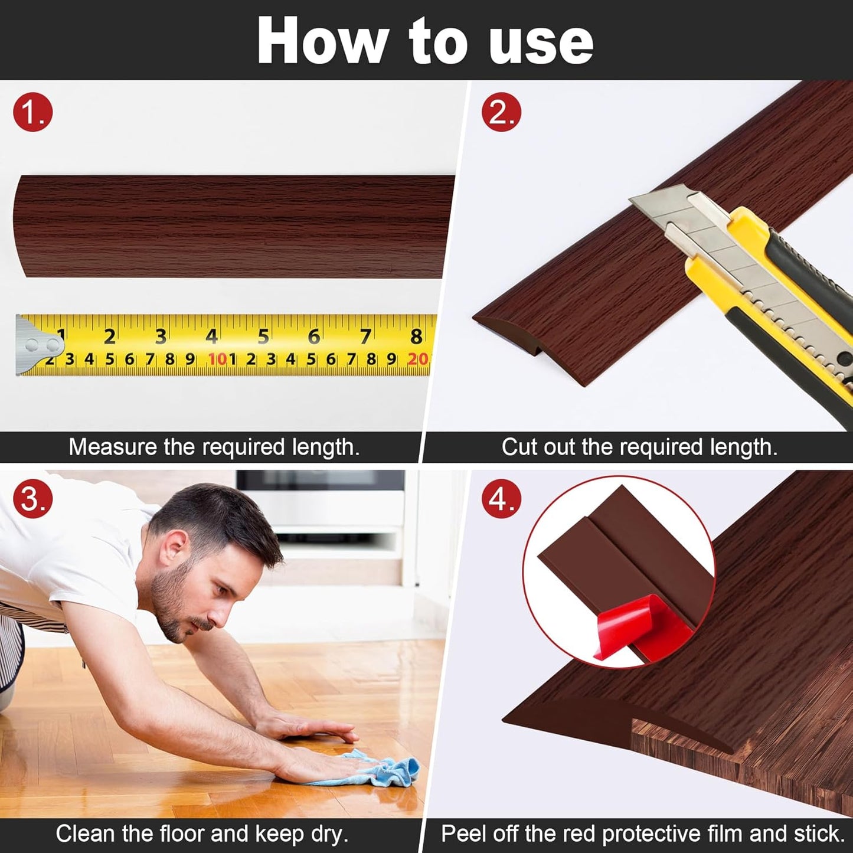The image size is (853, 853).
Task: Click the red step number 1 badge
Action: point(33,112)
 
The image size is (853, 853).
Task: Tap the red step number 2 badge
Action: point(501,112)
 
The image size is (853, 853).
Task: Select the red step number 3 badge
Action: point(33,499)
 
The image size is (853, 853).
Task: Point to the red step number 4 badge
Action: point(501,499)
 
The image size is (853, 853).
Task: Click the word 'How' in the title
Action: point(322,41)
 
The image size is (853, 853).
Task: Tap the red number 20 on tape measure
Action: point(417,358)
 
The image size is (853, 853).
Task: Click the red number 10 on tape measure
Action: point(217,358)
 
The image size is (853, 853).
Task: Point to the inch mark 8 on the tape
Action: point(416,336)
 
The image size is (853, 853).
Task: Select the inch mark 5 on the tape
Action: point(263,336)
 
